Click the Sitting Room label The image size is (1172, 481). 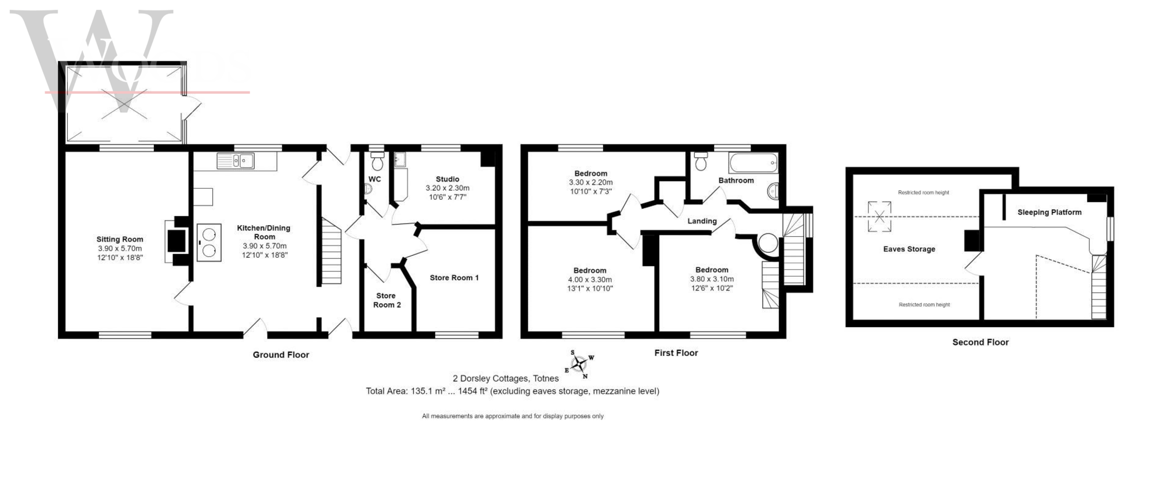point(120,239)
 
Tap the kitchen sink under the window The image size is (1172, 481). point(236,160)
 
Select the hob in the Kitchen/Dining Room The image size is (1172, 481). point(209,243)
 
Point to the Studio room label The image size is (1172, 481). point(447,179)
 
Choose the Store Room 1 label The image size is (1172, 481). point(454,278)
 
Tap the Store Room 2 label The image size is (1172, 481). point(387,300)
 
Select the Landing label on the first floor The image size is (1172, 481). point(702,221)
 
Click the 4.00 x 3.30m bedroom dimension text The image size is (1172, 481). point(590,280)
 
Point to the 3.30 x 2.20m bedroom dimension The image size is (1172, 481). point(590,182)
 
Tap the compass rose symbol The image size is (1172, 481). point(579,364)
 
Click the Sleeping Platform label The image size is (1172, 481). point(1049,212)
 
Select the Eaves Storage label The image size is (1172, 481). point(909,249)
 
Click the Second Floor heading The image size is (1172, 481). point(980,342)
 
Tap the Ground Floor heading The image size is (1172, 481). point(281,355)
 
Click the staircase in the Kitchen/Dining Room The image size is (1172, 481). point(331,251)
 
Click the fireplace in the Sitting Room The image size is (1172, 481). point(177,241)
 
